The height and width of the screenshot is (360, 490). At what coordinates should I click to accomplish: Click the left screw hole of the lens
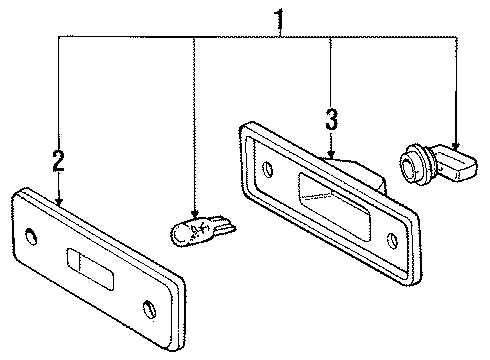click(35, 236)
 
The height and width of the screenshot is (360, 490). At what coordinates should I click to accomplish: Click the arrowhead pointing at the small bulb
click(191, 214)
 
